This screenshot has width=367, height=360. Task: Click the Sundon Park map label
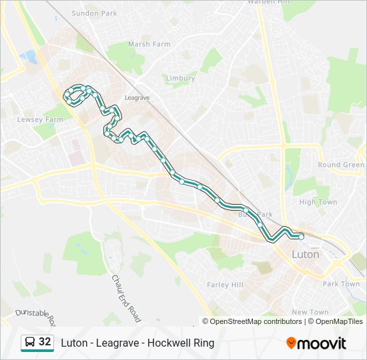(95, 13)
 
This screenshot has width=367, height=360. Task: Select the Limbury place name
(180, 78)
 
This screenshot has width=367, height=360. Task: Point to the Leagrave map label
(137, 97)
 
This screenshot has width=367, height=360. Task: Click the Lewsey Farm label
(40, 120)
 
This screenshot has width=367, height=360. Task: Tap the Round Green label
(341, 165)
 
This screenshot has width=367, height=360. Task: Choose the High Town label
(318, 202)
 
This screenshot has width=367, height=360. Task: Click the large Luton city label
(306, 254)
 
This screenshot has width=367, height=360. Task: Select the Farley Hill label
(225, 285)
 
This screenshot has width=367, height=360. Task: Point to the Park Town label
(341, 283)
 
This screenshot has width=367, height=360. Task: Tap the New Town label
(310, 312)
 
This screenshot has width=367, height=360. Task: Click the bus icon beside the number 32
(30, 342)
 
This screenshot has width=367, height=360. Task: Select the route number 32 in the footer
(45, 342)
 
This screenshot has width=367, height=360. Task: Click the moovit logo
(316, 343)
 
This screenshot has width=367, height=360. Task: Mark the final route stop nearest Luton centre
(301, 236)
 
